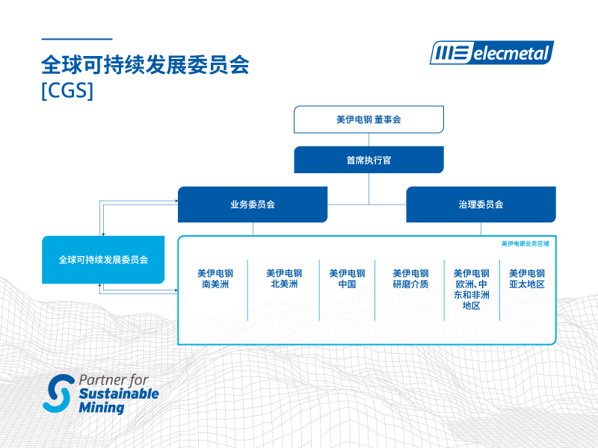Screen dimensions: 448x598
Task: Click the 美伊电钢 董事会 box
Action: click(x=369, y=119)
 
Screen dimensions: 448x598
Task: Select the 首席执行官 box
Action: click(x=369, y=160)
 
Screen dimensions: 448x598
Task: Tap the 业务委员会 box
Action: click(x=253, y=205)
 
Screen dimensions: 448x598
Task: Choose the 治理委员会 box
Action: click(x=481, y=205)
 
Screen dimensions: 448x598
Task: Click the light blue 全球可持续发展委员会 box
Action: click(x=103, y=260)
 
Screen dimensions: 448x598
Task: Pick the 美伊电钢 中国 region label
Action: click(x=347, y=279)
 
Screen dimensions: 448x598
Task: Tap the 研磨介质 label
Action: click(x=410, y=279)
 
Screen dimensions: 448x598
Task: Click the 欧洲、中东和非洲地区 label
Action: click(x=471, y=289)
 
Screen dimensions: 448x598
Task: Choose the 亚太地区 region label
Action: click(x=527, y=279)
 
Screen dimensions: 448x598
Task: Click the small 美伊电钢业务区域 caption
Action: click(x=525, y=243)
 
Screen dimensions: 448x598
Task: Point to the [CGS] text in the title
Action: click(x=68, y=90)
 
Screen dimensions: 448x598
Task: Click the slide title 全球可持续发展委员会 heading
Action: click(x=145, y=66)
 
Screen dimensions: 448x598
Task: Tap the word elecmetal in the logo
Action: click(x=512, y=53)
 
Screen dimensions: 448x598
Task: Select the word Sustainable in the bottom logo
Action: click(x=119, y=393)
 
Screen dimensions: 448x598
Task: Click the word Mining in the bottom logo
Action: click(x=101, y=408)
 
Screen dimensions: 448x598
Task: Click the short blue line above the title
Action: click(x=76, y=39)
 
